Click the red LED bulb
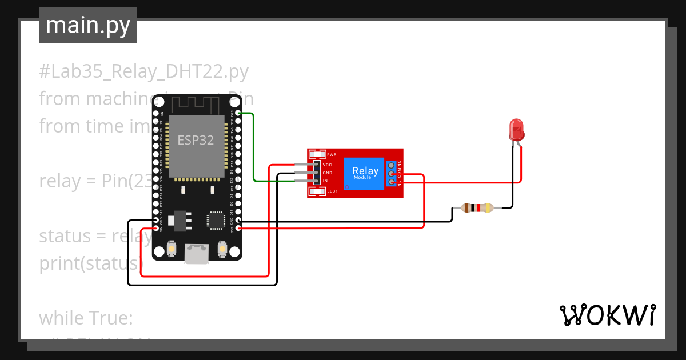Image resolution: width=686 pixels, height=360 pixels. click(517, 130)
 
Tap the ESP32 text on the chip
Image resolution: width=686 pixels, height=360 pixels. click(196, 140)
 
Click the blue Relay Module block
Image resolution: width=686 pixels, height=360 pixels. click(365, 173)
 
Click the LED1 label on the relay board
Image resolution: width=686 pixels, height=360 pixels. click(332, 191)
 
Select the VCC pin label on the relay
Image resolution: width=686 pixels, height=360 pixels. click(328, 165)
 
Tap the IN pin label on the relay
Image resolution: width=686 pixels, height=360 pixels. click(325, 181)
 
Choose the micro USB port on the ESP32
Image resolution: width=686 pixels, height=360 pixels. click(196, 253)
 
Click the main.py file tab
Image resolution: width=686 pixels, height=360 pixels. click(88, 25)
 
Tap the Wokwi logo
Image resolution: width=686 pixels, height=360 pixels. click(607, 315)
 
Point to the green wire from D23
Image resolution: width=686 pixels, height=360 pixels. click(253, 149)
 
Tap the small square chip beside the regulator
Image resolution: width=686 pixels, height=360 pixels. click(216, 219)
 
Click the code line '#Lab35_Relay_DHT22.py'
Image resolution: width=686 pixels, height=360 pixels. click(144, 71)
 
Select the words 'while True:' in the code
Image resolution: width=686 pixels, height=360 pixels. click(86, 318)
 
